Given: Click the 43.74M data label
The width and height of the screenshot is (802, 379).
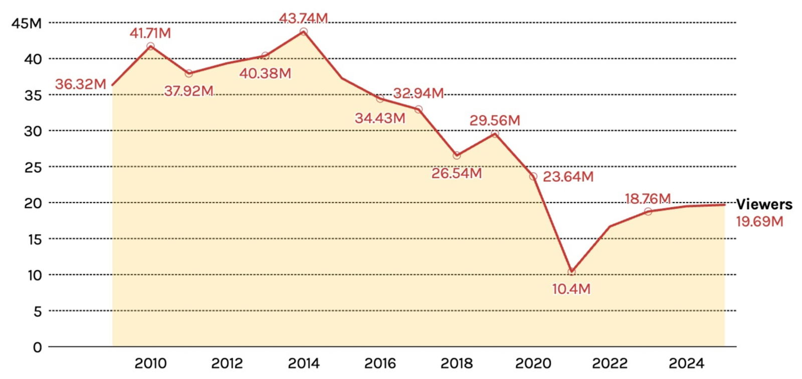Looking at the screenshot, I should (303, 18).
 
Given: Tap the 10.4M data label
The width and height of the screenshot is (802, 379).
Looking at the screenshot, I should (571, 289).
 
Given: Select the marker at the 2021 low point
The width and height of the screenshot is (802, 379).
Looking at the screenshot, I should (571, 272).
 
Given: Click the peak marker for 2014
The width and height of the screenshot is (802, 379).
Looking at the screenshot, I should (303, 32).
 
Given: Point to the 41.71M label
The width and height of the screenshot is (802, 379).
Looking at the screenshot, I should (150, 33).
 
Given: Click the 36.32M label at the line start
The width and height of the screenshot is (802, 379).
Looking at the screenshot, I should (80, 84).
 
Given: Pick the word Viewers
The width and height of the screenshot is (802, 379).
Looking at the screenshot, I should (764, 204).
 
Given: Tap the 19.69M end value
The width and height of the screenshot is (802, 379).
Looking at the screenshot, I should (759, 221).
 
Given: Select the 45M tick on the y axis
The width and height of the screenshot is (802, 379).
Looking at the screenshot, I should (27, 23).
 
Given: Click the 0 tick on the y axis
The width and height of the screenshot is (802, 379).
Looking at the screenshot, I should (37, 347).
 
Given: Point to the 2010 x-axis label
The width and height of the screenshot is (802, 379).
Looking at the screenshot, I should (150, 363).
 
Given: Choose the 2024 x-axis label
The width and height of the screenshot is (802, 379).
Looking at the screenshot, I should (686, 363).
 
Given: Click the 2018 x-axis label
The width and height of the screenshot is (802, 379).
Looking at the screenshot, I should (456, 363).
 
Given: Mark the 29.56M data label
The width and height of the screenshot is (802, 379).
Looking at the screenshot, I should (494, 121).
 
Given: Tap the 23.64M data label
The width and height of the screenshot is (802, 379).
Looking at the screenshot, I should (568, 177).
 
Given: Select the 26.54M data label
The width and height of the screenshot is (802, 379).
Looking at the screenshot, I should (456, 173).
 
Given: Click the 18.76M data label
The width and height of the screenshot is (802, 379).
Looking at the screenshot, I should (648, 199).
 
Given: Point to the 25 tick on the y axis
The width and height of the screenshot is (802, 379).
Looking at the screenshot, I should (33, 167).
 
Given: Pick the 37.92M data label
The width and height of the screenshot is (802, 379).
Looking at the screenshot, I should (188, 91).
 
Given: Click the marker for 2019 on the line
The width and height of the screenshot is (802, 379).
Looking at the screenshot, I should (495, 134).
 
